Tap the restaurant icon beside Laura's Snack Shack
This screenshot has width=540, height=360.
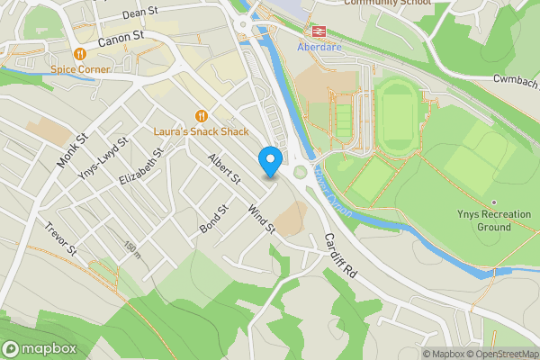coord(201,115)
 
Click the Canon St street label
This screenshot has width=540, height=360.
coord(121,39)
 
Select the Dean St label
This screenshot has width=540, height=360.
coord(139,13)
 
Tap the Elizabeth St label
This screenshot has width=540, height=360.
coord(140,169)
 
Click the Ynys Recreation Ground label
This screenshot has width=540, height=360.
coord(493,220)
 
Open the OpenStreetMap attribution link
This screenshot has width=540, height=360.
coord(502,354)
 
